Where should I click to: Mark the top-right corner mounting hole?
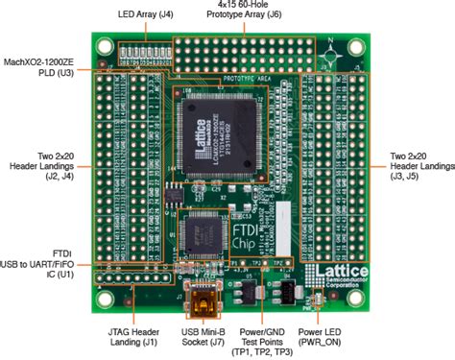click(357, 45)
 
